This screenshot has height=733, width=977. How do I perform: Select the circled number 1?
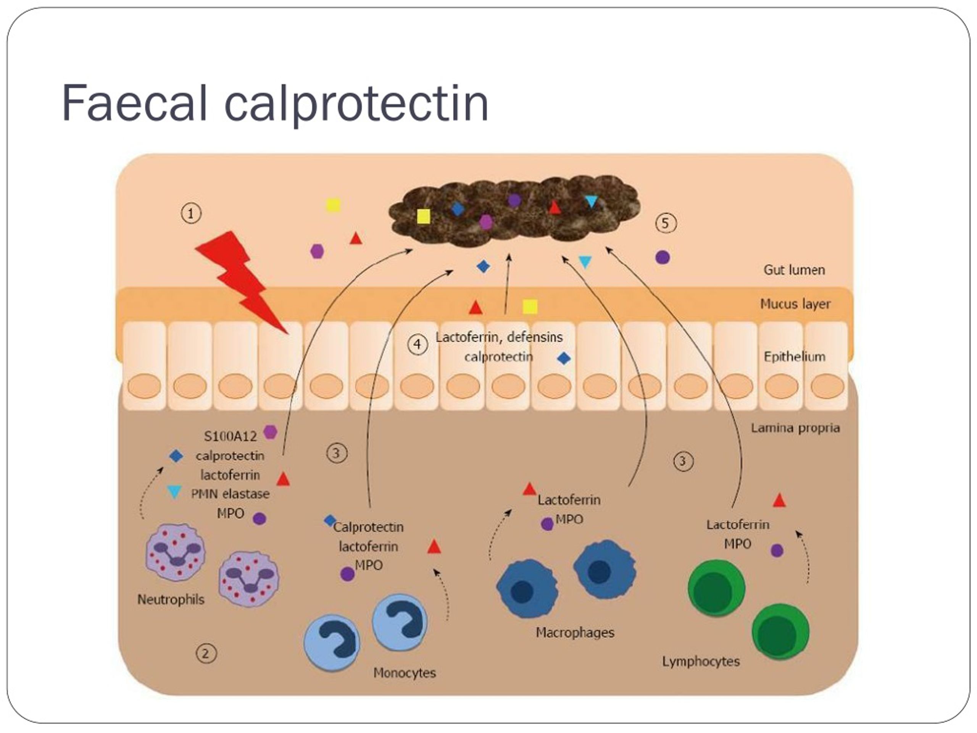pyautogui.click(x=191, y=214)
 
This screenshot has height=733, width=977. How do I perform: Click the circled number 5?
pyautogui.click(x=666, y=223)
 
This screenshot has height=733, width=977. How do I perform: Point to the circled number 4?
pyautogui.click(x=417, y=344)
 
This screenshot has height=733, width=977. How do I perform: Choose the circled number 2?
pyautogui.click(x=206, y=654)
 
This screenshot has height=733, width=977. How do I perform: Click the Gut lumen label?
pyautogui.click(x=794, y=270)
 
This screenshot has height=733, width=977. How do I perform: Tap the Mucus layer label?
pyautogui.click(x=795, y=304)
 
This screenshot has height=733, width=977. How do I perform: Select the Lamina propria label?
pyautogui.click(x=795, y=428)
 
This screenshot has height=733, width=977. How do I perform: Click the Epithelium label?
pyautogui.click(x=794, y=357)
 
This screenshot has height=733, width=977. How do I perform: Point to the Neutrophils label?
pyautogui.click(x=171, y=599)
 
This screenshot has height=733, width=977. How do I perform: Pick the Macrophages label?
pyautogui.click(x=575, y=632)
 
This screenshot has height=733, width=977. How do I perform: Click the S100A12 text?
pyautogui.click(x=230, y=436)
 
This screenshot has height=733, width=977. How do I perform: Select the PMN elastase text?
pyautogui.click(x=230, y=494)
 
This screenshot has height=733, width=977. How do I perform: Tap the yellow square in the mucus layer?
pyautogui.click(x=530, y=306)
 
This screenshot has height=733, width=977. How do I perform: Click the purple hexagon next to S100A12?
pyautogui.click(x=270, y=432)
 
